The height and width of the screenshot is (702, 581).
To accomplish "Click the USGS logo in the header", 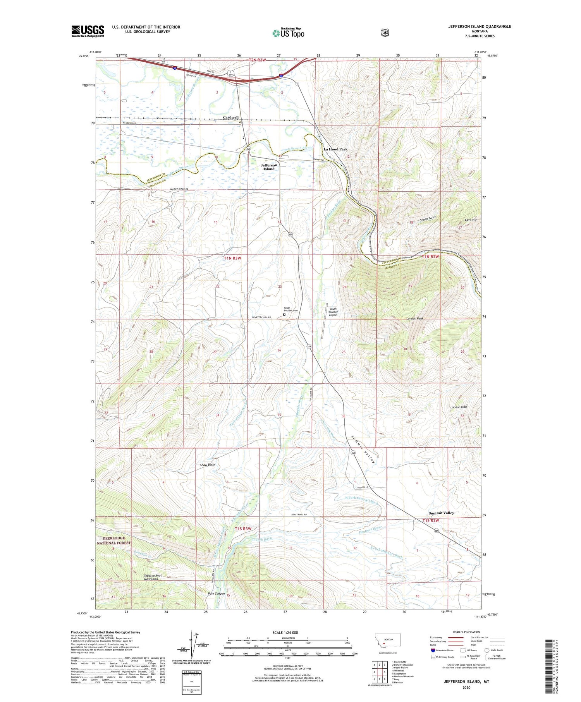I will coord(88,31).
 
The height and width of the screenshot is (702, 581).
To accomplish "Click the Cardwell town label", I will coord(230,117).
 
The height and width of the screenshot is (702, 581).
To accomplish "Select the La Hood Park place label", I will coord(335,149).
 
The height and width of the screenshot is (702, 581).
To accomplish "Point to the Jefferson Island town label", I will coord(269,167).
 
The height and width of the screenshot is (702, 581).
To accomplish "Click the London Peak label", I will coord(414,318).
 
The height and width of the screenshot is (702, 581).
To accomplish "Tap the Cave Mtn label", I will coord(471,220).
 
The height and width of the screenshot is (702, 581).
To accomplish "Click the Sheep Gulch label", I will coord(428,219).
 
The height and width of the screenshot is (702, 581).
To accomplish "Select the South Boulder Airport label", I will coord(333,312).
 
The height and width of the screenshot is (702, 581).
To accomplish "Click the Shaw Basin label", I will coord(208,464).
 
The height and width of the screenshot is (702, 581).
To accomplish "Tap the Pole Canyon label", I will coord(216,594).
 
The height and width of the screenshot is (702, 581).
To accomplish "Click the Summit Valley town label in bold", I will coord(441,513).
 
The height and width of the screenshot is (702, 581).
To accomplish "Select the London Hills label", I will coord(459,407).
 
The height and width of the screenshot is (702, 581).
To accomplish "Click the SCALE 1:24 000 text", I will coord(285,633).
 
